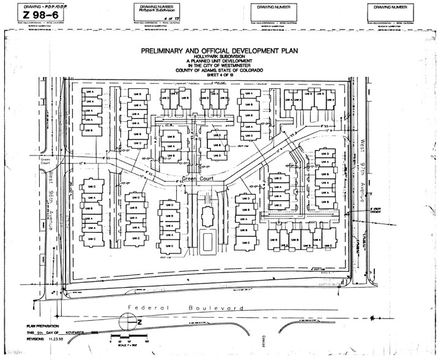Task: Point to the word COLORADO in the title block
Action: (250, 71)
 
